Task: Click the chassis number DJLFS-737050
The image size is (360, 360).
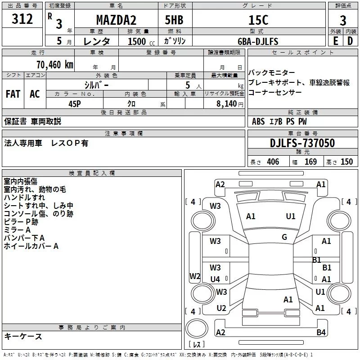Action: (302, 143)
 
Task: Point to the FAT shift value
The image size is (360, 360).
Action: (13, 94)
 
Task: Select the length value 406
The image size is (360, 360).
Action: (273, 162)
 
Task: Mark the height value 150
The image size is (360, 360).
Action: (346, 162)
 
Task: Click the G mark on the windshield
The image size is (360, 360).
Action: (284, 237)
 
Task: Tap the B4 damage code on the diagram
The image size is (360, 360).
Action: (320, 333)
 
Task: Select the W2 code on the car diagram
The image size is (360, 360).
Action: (194, 276)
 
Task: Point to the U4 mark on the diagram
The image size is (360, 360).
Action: (215, 279)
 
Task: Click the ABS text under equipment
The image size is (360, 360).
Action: (258, 121)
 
